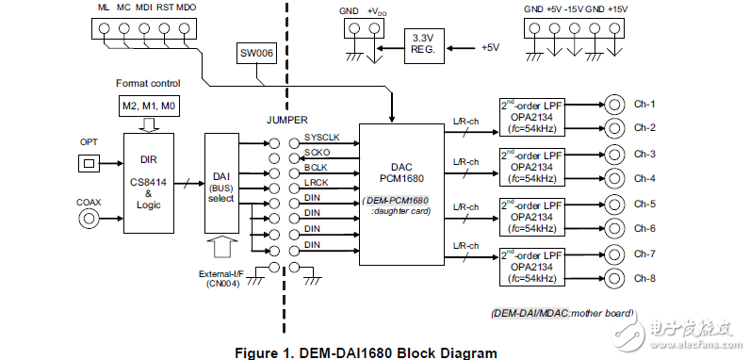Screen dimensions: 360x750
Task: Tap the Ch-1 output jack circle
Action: pos(614,104)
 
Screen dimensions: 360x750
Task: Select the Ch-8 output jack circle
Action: pos(614,277)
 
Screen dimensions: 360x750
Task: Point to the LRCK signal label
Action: pos(315,182)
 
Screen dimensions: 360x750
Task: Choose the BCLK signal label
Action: pos(315,167)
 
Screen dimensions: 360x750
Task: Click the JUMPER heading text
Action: pos(286,121)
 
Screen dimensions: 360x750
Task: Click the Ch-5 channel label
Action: pos(644,204)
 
